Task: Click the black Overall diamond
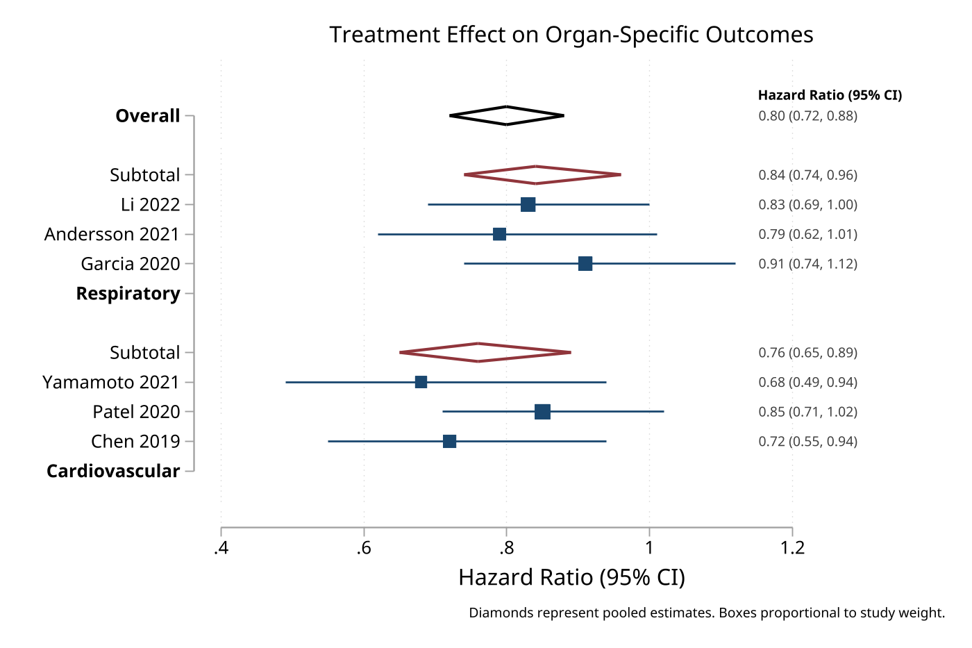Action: click(x=507, y=116)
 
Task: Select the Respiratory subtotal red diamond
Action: click(x=536, y=175)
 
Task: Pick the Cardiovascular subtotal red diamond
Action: click(x=478, y=352)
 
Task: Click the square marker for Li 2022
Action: click(x=528, y=205)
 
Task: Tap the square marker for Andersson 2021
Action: click(x=499, y=234)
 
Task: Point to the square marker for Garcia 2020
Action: click(x=585, y=264)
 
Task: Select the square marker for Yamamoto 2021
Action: click(x=421, y=382)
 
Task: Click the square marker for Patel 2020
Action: click(x=542, y=412)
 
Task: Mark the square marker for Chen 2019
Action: click(x=449, y=442)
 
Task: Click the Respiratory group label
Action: click(x=128, y=294)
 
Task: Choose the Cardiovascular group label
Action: click(x=113, y=472)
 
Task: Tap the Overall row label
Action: click(x=147, y=116)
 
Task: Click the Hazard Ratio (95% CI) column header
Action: click(x=830, y=95)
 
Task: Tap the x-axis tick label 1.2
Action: click(x=792, y=549)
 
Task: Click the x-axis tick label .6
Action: click(x=363, y=549)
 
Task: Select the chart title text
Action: click(x=571, y=35)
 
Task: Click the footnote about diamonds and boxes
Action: click(x=707, y=613)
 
